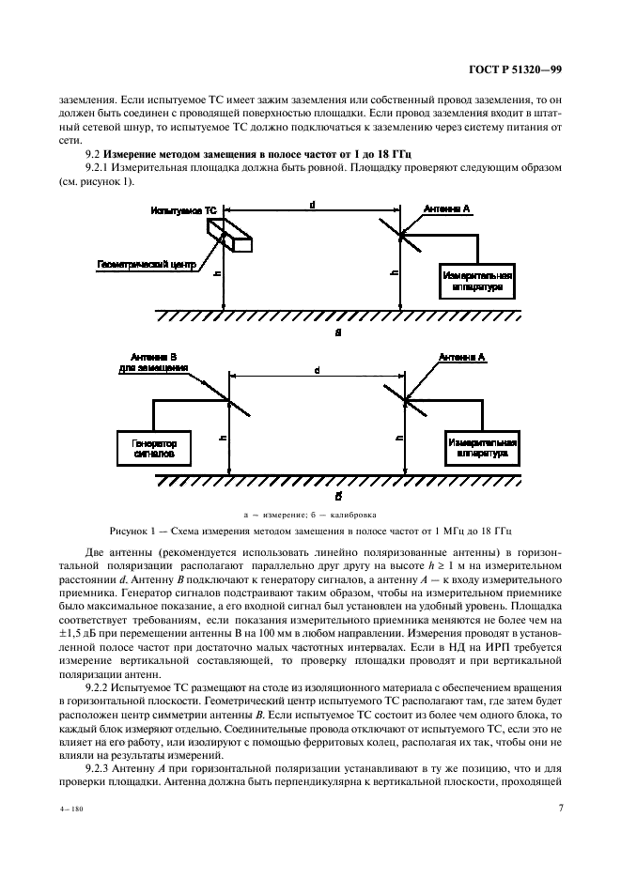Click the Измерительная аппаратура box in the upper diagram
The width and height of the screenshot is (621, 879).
[477, 281]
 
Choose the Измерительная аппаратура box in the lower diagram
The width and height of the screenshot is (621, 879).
[482, 446]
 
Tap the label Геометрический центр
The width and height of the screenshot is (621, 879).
[146, 265]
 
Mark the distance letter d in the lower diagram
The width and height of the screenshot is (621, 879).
[317, 370]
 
